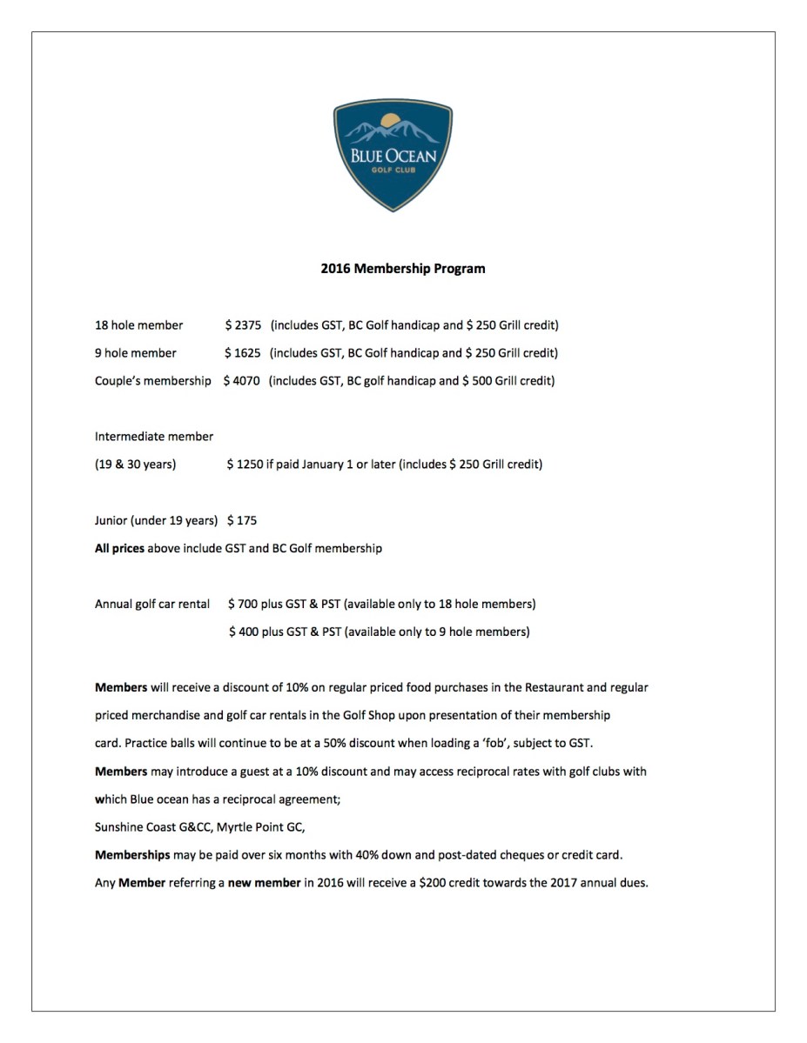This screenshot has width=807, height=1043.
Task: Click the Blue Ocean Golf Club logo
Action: tap(393, 155)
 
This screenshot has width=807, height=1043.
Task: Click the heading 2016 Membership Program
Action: tap(403, 269)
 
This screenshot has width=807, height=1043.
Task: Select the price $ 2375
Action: tap(243, 325)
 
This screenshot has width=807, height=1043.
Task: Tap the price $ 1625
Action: tap(243, 353)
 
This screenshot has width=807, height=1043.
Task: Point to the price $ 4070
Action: tap(241, 381)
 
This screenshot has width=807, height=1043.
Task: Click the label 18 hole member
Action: tap(139, 325)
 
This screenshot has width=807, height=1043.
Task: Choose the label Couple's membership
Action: tap(153, 381)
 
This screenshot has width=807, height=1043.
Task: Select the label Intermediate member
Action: tap(154, 437)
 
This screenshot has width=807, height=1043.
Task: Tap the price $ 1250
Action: tap(245, 465)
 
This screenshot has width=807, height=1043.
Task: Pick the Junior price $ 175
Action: tap(242, 520)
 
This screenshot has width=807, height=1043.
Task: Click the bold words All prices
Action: tap(119, 548)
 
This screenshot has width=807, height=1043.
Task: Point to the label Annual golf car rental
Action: tap(152, 604)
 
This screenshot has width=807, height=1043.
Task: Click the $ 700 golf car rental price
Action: tap(243, 604)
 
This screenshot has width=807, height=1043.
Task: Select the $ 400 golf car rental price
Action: tap(244, 632)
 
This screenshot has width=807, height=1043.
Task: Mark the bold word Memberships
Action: tap(132, 854)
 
